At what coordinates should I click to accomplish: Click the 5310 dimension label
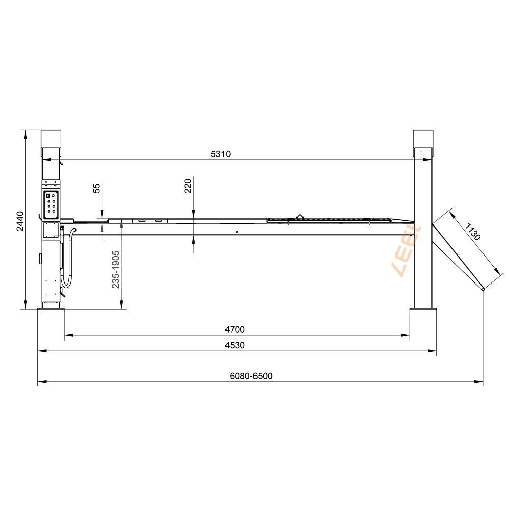pos(221,154)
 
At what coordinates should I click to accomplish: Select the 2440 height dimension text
pos(20,221)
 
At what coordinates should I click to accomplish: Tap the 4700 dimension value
pos(235,329)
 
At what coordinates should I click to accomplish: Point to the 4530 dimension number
pos(235,345)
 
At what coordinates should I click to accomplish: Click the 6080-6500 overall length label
pos(251,376)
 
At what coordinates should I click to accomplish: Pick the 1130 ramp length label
pos(472,232)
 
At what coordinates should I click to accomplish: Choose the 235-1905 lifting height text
pos(116,269)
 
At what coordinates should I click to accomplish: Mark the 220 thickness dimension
pos(188,186)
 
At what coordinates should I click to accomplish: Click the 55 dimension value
pos(97,188)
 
